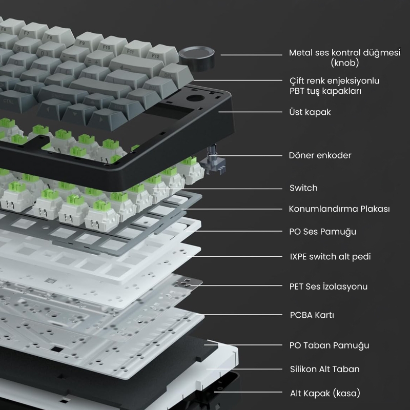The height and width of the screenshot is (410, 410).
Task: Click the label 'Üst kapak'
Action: (x=310, y=112)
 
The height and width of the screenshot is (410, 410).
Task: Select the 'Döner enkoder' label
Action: (x=320, y=155)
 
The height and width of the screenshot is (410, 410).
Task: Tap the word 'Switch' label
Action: (x=303, y=188)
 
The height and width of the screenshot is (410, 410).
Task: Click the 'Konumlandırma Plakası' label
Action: (x=339, y=209)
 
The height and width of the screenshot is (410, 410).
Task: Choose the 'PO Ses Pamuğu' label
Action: (x=323, y=232)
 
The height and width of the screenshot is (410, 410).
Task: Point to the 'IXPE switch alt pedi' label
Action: (x=330, y=257)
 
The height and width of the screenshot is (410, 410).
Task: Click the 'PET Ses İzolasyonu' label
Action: (x=328, y=286)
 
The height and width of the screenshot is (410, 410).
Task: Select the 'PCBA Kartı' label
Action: (x=312, y=315)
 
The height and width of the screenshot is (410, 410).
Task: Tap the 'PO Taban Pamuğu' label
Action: (x=329, y=345)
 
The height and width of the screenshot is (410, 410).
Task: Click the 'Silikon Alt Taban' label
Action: (x=324, y=369)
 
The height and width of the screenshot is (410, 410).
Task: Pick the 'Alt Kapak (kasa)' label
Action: (x=325, y=393)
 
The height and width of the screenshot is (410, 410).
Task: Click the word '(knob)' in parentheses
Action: (x=344, y=63)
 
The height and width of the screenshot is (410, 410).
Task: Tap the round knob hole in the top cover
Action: (x=195, y=98)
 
